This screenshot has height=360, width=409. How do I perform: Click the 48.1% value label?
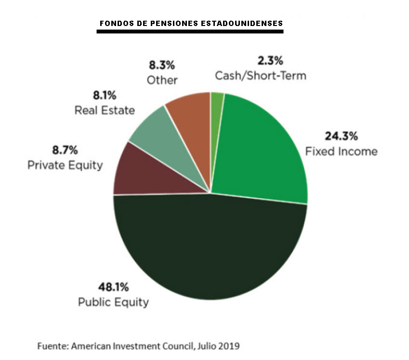click(113, 288)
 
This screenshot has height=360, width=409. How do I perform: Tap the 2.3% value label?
click(269, 61)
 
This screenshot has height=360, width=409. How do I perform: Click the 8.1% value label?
click(105, 95)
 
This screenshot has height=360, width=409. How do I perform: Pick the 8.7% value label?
click(65, 150)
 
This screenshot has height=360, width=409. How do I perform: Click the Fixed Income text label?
click(341, 152)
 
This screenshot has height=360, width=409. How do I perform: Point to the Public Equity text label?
click(113, 302)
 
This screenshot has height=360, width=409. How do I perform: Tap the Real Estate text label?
click(105, 110)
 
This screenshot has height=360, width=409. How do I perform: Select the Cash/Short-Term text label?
click(261, 76)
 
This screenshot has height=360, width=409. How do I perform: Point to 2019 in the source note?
click(230, 346)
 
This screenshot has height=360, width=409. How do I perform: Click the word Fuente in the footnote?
click(50, 346)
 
